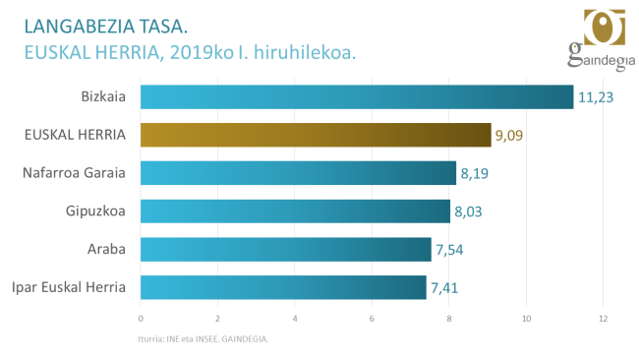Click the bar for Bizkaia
357,96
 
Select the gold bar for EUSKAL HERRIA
316,135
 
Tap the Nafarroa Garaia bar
299,173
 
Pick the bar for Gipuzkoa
295,210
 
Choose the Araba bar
286,249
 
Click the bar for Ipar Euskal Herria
283,287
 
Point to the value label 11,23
595,96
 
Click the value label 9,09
508,135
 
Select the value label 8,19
474,173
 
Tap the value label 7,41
444,287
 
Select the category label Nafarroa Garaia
74,173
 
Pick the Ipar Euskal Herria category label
68,287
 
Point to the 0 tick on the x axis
141,319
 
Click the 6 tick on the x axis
372,319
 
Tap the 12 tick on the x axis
603,319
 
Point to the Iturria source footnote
203,339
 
